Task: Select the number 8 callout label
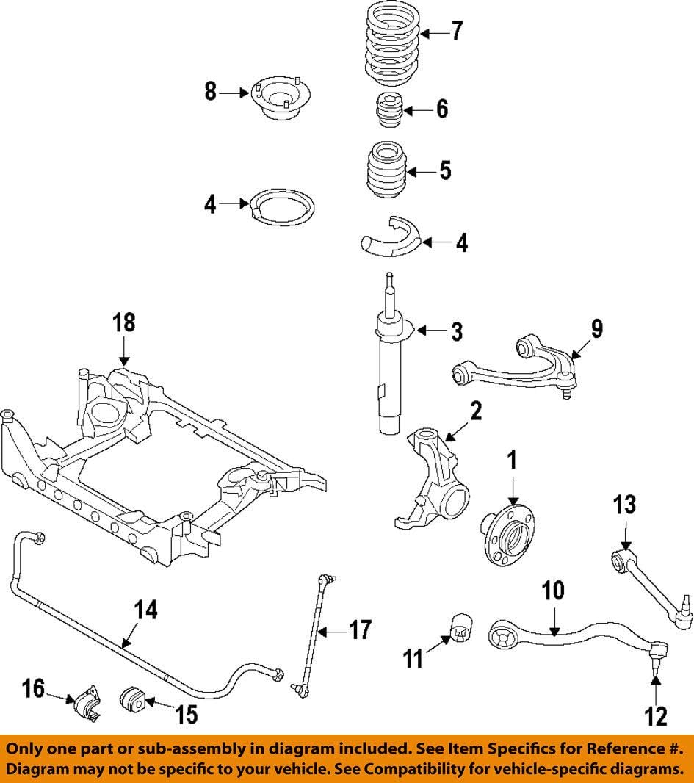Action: click(x=211, y=93)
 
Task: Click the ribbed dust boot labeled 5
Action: click(x=386, y=171)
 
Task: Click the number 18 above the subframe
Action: click(x=124, y=323)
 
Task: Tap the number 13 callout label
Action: click(x=624, y=506)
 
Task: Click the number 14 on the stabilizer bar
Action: click(x=145, y=610)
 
